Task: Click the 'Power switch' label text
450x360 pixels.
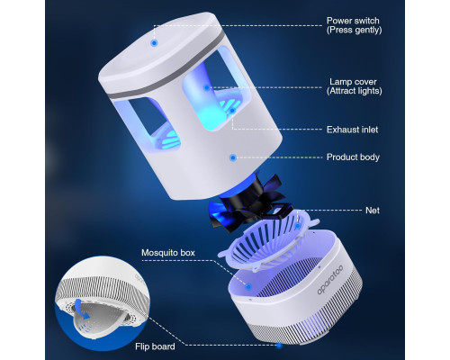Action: click(353, 21)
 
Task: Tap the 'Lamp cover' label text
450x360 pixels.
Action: click(353, 82)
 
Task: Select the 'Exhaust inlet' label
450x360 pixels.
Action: click(352, 130)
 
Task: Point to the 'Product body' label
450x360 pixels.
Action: click(353, 157)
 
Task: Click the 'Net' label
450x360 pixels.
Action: click(373, 211)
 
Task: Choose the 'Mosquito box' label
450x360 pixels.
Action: click(168, 253)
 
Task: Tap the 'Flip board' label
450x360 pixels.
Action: click(155, 346)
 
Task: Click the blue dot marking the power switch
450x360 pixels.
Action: click(154, 43)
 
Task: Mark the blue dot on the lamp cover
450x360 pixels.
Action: click(207, 87)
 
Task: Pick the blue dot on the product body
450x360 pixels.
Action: click(233, 157)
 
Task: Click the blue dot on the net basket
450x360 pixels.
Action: click(297, 226)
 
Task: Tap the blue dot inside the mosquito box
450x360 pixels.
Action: click(248, 287)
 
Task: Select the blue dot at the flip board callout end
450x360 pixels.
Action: click(279, 346)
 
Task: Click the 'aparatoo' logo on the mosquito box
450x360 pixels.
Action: click(330, 280)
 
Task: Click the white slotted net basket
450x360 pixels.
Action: click(268, 241)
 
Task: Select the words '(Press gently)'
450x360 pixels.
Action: click(355, 30)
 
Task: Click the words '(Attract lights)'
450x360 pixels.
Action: click(355, 91)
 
